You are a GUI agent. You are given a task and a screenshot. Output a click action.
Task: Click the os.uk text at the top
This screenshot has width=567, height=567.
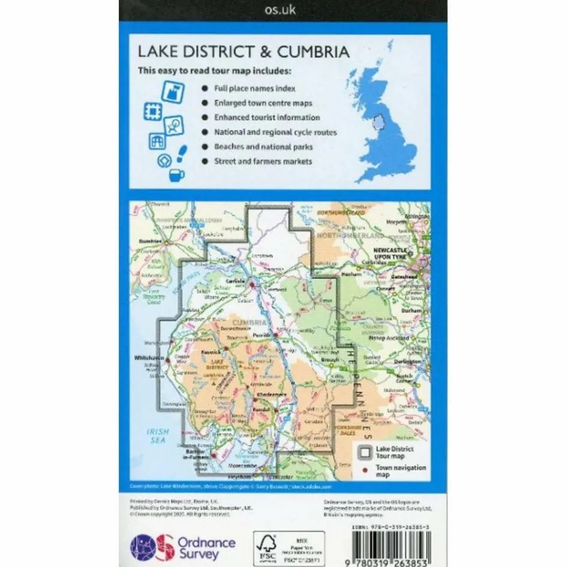[282, 10]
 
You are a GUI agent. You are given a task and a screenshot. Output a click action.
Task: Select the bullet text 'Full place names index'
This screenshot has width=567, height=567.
[255, 88]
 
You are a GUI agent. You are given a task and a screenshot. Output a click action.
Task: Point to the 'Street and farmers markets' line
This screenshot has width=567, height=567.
[263, 162]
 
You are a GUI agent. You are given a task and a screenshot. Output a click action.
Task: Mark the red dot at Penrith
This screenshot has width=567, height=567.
[274, 335]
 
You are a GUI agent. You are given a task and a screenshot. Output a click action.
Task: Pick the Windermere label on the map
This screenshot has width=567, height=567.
[265, 393]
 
